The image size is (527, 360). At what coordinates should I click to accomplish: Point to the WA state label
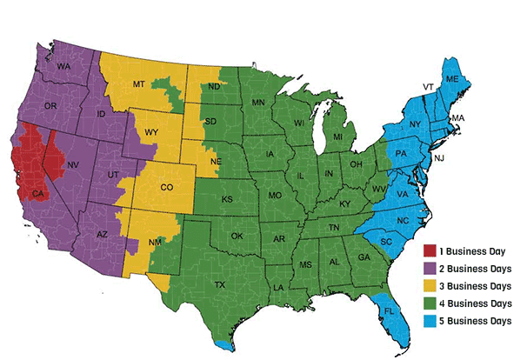tap(63, 66)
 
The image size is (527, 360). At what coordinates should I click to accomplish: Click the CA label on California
tap(37, 193)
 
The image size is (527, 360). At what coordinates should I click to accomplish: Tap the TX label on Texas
tap(219, 284)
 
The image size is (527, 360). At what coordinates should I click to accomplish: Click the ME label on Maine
tap(451, 78)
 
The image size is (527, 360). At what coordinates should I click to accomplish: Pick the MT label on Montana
tap(137, 83)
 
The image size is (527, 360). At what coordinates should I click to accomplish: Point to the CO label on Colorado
tap(167, 187)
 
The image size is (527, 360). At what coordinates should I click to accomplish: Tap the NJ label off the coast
tap(438, 157)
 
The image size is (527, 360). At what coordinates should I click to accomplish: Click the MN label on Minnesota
tap(258, 103)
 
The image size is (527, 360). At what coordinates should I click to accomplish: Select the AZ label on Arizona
tap(101, 235)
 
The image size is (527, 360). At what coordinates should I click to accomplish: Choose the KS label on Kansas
tap(226, 199)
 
